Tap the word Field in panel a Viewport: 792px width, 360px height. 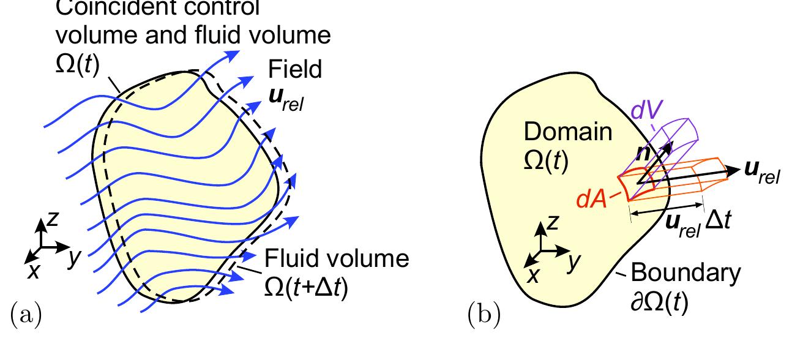click(295, 70)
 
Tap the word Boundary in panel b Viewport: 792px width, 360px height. click(686, 272)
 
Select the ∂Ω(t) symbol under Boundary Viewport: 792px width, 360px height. click(659, 302)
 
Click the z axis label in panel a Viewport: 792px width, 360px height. click(53, 218)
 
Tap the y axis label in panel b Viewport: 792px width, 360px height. click(573, 261)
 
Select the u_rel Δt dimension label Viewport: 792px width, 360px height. click(697, 221)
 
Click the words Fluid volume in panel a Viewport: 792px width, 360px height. click(337, 258)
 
